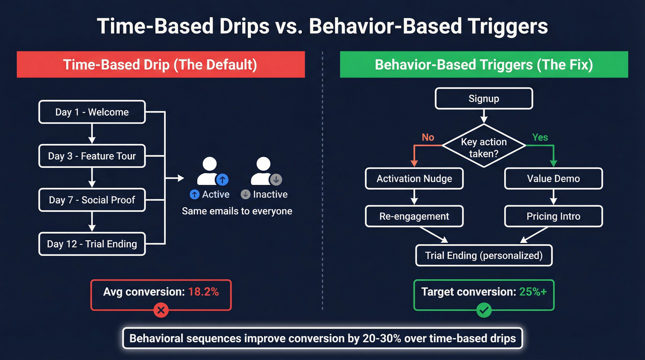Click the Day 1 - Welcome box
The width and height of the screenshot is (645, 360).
coord(92,112)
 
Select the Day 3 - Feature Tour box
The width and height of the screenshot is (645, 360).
coord(92,156)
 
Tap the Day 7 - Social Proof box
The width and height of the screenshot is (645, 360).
coord(92,200)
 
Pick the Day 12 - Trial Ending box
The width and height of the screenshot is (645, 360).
coord(92,244)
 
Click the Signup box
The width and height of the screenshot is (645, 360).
coord(484,98)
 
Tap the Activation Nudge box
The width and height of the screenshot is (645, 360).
coord(414,178)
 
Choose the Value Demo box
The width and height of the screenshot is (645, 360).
coord(553,178)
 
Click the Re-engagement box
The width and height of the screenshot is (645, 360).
coord(414,216)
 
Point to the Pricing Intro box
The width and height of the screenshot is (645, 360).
coord(553,216)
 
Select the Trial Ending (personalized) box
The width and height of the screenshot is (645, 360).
coord(484,255)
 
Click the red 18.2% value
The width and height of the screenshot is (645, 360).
coord(203,291)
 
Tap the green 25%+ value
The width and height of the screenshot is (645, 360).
coord(533,291)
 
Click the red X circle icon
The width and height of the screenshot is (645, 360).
coord(161,311)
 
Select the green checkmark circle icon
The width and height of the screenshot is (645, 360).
coord(484,311)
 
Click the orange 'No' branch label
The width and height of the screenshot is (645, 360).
coord(428,137)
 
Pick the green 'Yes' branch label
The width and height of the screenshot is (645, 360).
coord(540,137)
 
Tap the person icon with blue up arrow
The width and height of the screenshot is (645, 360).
coord(211,171)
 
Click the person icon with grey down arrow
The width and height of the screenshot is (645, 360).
coord(265,171)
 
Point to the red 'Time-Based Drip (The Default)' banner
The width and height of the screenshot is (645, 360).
coord(161,64)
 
